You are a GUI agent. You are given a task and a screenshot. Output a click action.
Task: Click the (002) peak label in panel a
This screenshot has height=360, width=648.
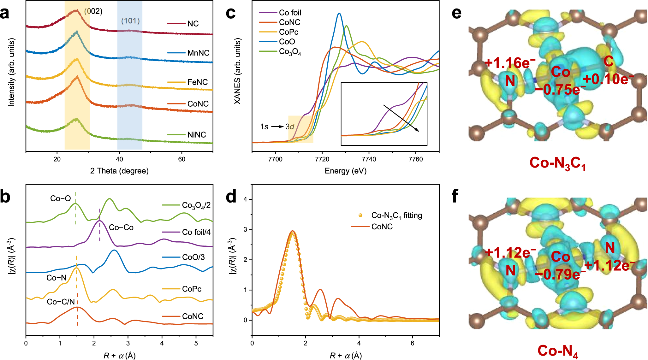pos(93,11)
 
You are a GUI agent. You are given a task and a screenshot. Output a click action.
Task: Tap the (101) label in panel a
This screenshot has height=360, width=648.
pos(130,21)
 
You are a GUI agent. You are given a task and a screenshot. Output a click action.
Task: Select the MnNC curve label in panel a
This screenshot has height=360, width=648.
pos(198,53)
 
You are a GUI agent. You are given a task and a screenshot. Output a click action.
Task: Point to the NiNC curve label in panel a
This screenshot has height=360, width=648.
pos(196,135)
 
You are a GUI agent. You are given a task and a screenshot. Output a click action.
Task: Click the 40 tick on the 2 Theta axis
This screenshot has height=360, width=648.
pos(119,159)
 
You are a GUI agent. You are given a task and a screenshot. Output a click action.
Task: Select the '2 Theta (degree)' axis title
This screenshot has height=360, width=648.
pos(119,171)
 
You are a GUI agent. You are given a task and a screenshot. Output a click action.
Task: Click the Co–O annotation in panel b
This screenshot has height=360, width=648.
pos(61,198)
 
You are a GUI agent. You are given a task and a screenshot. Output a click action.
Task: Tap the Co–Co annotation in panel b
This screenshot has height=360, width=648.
pos(121,227)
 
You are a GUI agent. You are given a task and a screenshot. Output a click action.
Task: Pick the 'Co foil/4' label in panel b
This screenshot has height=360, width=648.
pos(196,232)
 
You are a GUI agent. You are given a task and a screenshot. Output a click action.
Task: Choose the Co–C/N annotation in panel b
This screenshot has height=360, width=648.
pos(61,302)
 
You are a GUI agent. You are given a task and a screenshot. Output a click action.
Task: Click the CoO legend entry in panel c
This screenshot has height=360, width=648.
pos(287,42)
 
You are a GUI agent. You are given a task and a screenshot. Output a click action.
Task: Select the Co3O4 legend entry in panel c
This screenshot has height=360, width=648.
pos(290,52)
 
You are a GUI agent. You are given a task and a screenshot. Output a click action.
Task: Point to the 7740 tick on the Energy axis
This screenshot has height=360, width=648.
pos(369,159)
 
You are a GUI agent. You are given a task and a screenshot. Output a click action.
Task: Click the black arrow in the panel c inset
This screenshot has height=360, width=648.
pos(401,118)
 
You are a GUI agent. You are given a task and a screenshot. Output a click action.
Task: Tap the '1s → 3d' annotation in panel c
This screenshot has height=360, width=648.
pos(277,127)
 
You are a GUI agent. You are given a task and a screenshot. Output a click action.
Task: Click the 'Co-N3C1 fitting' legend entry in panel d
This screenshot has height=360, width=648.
pos(396,215)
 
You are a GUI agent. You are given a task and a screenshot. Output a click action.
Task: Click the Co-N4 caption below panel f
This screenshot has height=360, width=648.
pos(558,351)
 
